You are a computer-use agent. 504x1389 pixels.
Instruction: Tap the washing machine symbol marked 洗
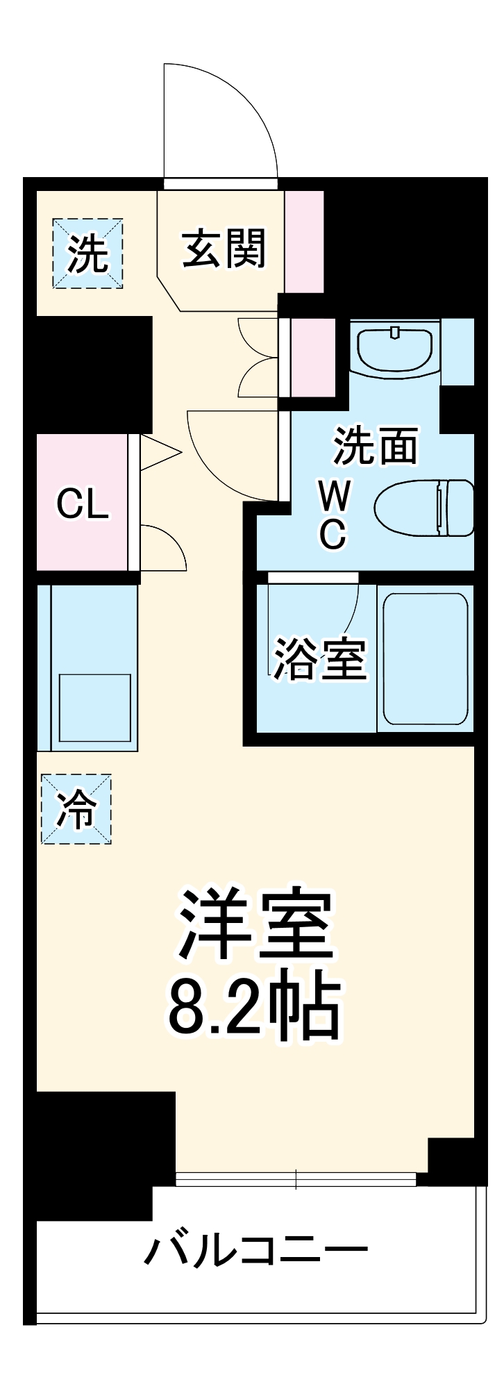tap(88, 253)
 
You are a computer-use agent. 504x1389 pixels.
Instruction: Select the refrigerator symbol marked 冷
tap(76, 810)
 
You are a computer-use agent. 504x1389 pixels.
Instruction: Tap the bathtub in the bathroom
tap(424, 658)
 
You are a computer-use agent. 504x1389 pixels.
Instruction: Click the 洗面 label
tap(376, 445)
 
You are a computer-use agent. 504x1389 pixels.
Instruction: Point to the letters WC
tap(334, 515)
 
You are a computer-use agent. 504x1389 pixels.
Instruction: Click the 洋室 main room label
tap(255, 923)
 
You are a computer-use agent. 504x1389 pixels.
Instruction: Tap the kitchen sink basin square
tap(94, 708)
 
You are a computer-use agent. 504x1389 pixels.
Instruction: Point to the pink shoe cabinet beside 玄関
tap(304, 241)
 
